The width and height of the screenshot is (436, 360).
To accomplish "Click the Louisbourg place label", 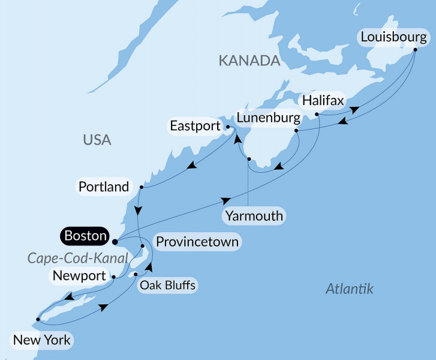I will [x=394, y=38].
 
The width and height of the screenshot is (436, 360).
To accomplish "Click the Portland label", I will [x=104, y=187].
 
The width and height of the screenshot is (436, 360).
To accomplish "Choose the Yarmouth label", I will [x=254, y=215].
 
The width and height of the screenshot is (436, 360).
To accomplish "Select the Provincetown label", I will [x=197, y=242].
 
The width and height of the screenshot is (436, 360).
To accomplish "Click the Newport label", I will [x=79, y=276].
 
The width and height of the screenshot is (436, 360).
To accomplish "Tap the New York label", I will [x=42, y=341].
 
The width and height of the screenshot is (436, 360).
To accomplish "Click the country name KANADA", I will [x=249, y=61].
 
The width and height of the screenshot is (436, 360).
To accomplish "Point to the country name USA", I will [x=97, y=140].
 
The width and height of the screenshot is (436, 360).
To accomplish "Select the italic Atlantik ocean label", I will [x=349, y=289].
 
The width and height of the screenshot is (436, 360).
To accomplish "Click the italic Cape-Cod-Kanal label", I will [x=79, y=258].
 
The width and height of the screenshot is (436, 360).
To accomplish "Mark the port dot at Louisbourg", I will [x=416, y=50].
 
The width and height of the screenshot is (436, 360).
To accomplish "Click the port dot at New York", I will [x=38, y=319].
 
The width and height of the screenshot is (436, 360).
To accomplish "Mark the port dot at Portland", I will [x=140, y=187].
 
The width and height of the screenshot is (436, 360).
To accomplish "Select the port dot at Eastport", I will [x=227, y=127].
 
